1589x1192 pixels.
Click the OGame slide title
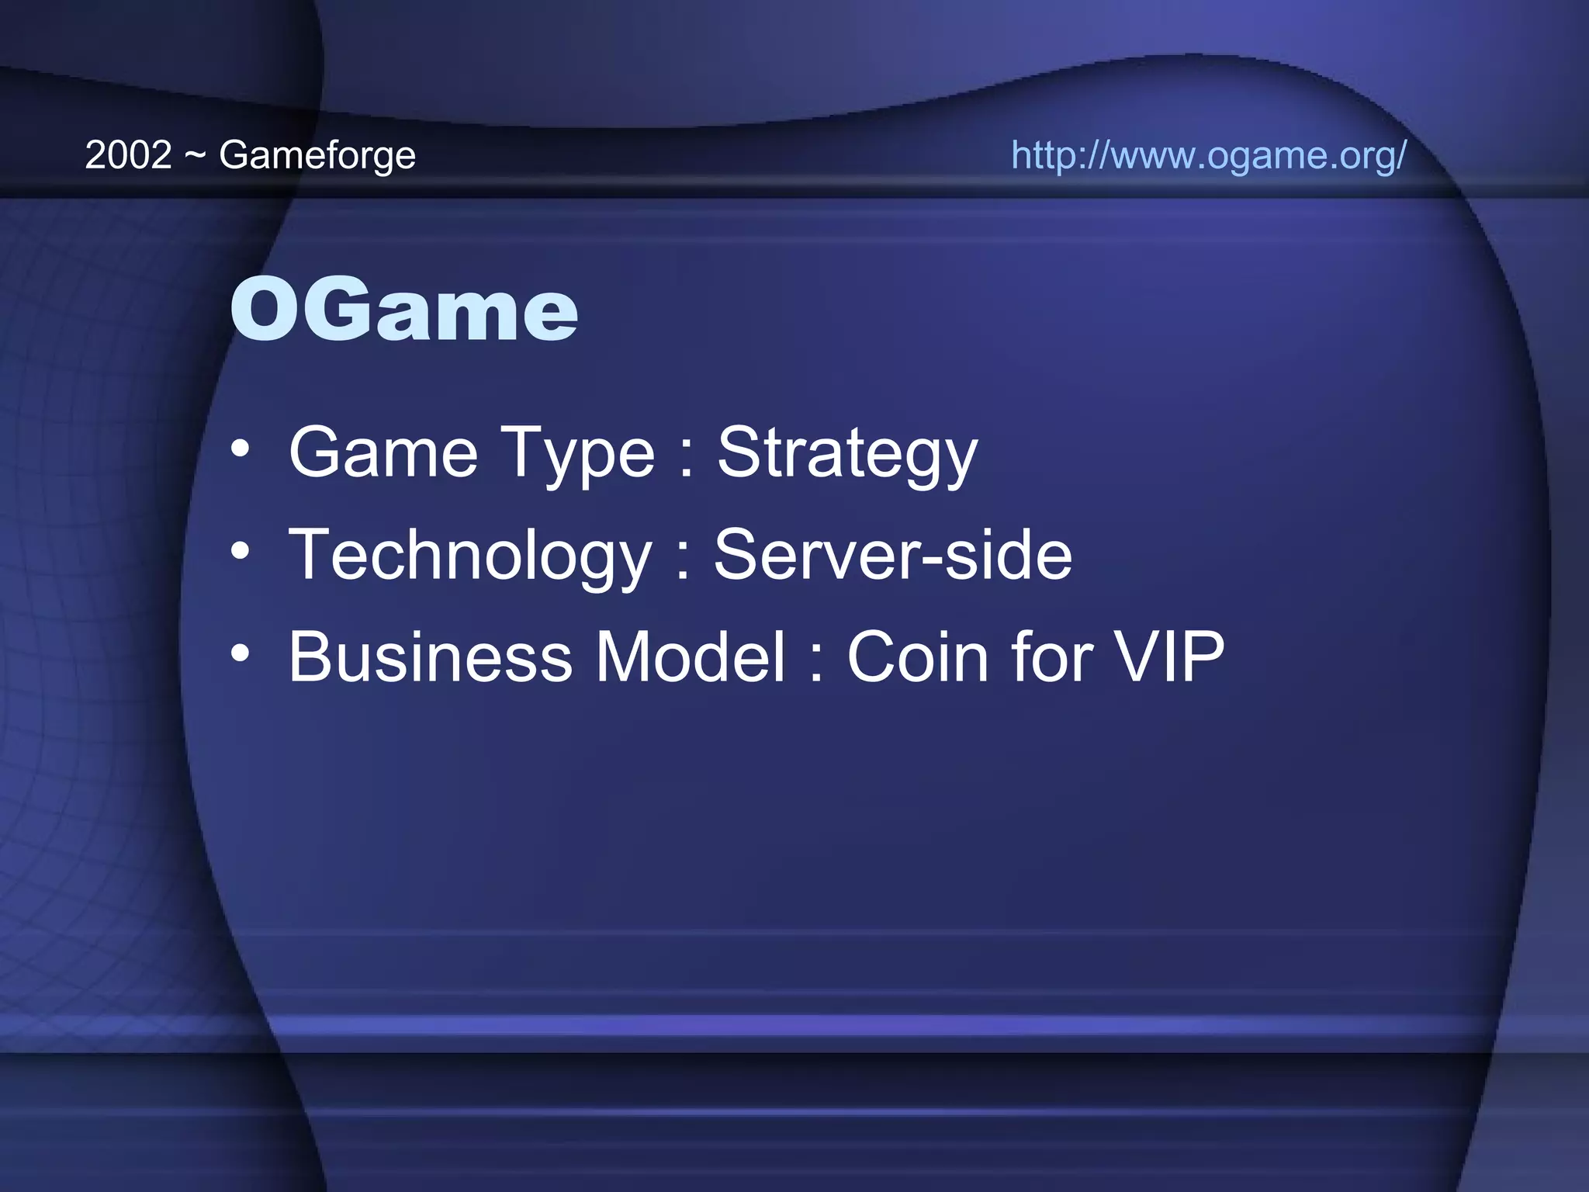point(403,310)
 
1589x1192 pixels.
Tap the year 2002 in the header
point(128,155)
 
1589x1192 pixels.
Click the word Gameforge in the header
point(317,156)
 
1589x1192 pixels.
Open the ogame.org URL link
point(1208,155)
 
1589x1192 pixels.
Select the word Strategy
point(846,454)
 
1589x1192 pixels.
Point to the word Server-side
point(893,554)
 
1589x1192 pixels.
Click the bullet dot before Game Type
point(241,449)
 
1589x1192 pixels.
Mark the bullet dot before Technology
point(241,552)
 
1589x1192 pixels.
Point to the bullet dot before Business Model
point(241,654)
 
